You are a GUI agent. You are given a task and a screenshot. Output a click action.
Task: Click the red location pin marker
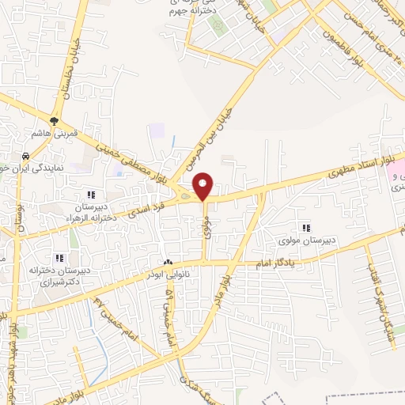click(x=203, y=187)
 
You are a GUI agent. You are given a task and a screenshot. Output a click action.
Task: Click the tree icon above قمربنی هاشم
click(x=54, y=121)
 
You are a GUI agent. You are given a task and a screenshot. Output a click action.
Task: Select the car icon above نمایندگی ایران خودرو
click(x=26, y=156)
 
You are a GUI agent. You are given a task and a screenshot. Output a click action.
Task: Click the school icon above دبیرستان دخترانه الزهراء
click(x=92, y=194)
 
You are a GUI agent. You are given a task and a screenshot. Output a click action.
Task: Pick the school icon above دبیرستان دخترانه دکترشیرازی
click(x=59, y=257)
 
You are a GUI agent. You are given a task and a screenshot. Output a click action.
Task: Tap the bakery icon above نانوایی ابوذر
click(x=167, y=262)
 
